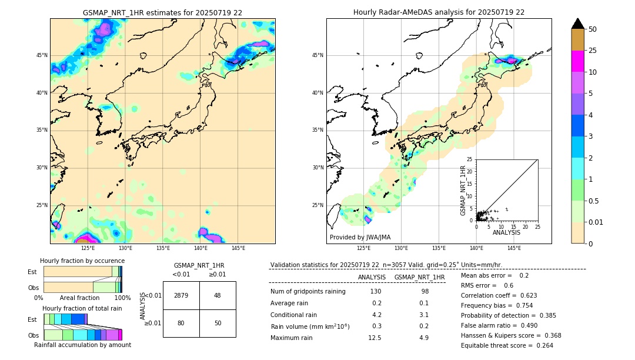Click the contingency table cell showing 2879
tap(181, 295)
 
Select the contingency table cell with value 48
tap(218, 295)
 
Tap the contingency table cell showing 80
tap(181, 323)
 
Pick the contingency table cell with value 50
tap(218, 323)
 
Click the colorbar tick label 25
tap(593, 51)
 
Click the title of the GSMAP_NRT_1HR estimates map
tap(162, 12)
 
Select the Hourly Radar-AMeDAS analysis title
tap(439, 12)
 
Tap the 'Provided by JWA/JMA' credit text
tap(360, 238)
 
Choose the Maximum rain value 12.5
tap(375, 338)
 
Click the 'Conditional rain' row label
tap(293, 315)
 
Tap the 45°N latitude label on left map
tap(42, 55)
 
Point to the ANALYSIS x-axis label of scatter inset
tap(506, 233)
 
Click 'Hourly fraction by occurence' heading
tap(82, 261)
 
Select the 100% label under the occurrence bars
tap(122, 298)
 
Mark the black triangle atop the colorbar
tap(578, 24)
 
